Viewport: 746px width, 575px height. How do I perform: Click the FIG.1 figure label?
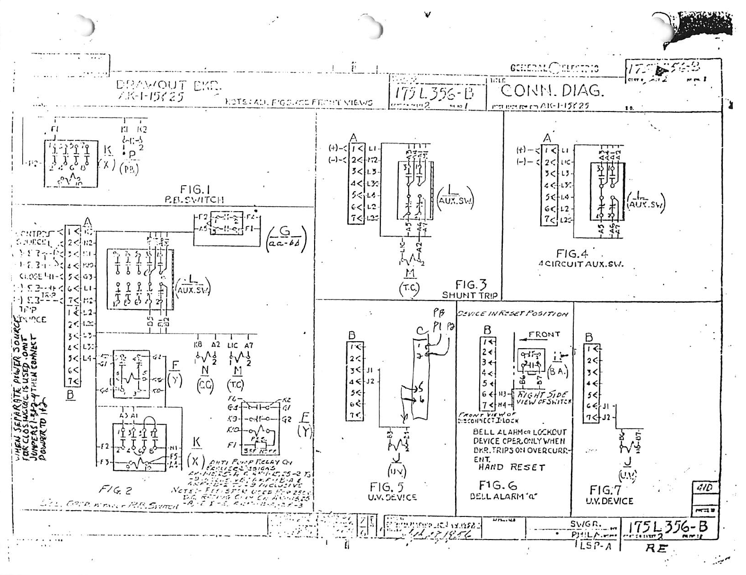pyautogui.click(x=195, y=190)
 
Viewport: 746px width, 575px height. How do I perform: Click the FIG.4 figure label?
pyautogui.click(x=572, y=254)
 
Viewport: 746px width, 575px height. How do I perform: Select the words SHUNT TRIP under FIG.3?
pyautogui.click(x=470, y=295)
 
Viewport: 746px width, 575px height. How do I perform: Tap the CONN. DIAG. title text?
pyautogui.click(x=552, y=90)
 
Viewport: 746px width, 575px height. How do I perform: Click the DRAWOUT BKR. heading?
pyautogui.click(x=168, y=85)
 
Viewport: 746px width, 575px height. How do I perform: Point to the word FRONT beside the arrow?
pyautogui.click(x=544, y=335)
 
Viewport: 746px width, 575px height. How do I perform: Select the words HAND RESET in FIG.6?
pyautogui.click(x=512, y=467)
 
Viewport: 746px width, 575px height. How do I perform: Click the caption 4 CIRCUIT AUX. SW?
pyautogui.click(x=580, y=264)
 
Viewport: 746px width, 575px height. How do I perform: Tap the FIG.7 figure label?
pyautogui.click(x=605, y=490)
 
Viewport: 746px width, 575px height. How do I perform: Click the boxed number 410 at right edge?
pyautogui.click(x=705, y=488)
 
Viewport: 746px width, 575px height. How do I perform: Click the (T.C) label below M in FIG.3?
pyautogui.click(x=409, y=289)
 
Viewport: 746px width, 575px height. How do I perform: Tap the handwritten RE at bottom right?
pyautogui.click(x=656, y=548)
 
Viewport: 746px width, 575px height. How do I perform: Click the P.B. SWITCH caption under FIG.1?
pyautogui.click(x=194, y=200)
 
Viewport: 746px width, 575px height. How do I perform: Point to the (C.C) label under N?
pyautogui.click(x=205, y=386)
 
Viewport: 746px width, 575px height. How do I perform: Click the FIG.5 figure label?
pyautogui.click(x=386, y=487)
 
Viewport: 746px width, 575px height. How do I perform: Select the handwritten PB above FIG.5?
pyautogui.click(x=439, y=313)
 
